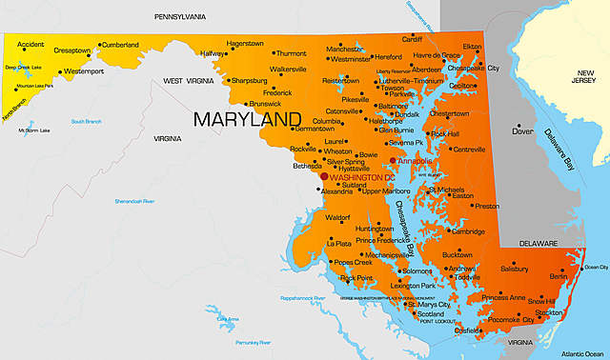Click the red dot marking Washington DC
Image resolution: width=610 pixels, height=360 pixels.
point(324,176)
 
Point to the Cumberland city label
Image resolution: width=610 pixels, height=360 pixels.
point(120,45)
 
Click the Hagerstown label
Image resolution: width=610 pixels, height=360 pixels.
point(245,43)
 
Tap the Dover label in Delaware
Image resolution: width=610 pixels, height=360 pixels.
point(523,131)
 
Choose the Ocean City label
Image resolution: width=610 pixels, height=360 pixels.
point(595,267)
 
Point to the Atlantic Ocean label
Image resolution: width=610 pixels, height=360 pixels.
point(582,353)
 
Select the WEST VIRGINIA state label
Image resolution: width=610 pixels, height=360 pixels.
point(187,81)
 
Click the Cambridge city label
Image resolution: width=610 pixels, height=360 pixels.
point(468,231)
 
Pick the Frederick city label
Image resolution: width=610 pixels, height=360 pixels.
point(277,93)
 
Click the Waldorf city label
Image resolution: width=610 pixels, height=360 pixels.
point(338,218)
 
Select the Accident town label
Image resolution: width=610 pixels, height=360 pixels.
point(31,45)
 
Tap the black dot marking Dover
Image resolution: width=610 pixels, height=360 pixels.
point(518,124)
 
